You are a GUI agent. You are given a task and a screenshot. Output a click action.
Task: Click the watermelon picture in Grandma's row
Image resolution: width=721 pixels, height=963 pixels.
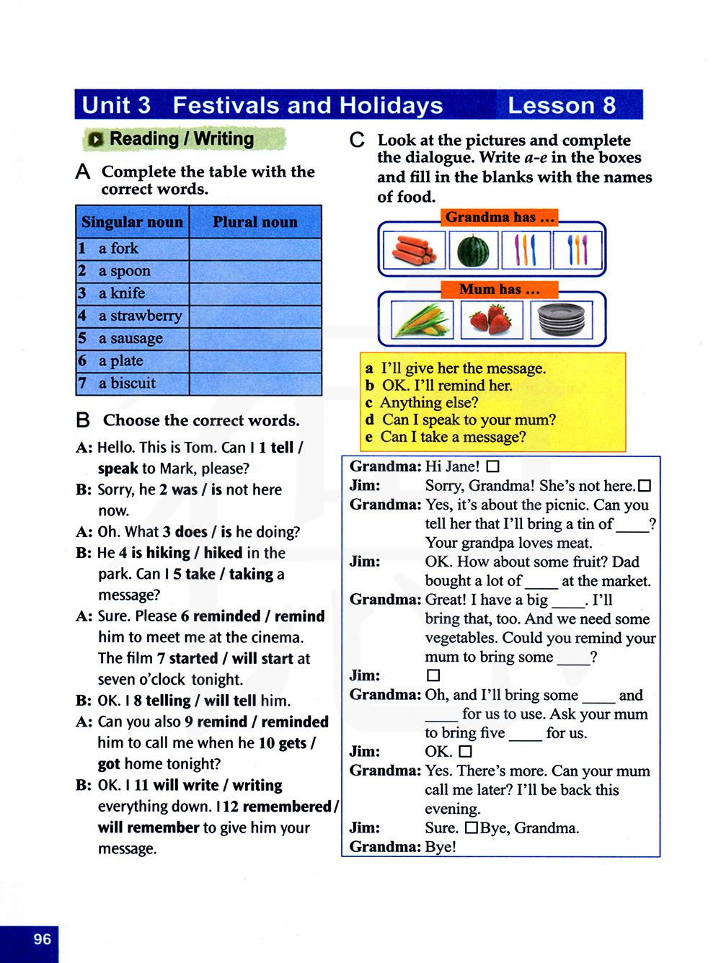(x=474, y=250)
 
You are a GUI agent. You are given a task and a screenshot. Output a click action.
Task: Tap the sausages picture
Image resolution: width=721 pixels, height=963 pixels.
(x=414, y=250)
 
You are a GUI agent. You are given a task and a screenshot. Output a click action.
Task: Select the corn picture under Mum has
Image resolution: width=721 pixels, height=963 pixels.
(x=422, y=319)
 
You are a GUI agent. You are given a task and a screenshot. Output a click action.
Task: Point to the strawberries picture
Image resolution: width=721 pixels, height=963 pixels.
(x=491, y=319)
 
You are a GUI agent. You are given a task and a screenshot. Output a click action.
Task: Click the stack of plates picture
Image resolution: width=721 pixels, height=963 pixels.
(x=561, y=319)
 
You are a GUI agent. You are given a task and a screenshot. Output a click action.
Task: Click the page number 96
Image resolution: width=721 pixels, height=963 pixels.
(x=43, y=939)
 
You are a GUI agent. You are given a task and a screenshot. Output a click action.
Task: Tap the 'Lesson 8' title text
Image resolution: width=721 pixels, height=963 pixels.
(x=562, y=105)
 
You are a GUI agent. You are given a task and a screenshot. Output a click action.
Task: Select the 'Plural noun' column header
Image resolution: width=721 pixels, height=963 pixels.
(x=255, y=222)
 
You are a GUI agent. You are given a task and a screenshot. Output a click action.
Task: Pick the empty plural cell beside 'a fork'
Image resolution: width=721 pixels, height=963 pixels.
(x=255, y=249)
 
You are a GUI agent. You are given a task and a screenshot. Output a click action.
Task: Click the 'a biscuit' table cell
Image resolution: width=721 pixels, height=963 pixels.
(x=127, y=383)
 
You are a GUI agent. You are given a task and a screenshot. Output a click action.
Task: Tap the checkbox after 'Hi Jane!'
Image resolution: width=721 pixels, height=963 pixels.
(x=493, y=467)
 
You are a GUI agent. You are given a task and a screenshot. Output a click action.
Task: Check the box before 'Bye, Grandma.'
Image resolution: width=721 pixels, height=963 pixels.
(x=471, y=827)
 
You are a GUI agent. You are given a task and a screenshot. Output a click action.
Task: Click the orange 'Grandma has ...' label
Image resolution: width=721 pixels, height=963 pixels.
(x=500, y=218)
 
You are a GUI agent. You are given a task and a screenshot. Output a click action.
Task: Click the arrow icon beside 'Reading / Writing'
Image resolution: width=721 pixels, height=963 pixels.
(x=95, y=140)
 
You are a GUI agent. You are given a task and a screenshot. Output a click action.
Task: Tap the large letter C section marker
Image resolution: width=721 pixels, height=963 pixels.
(x=357, y=140)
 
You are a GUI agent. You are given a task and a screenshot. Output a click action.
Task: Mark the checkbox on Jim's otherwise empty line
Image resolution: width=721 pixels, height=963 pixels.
(x=433, y=675)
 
